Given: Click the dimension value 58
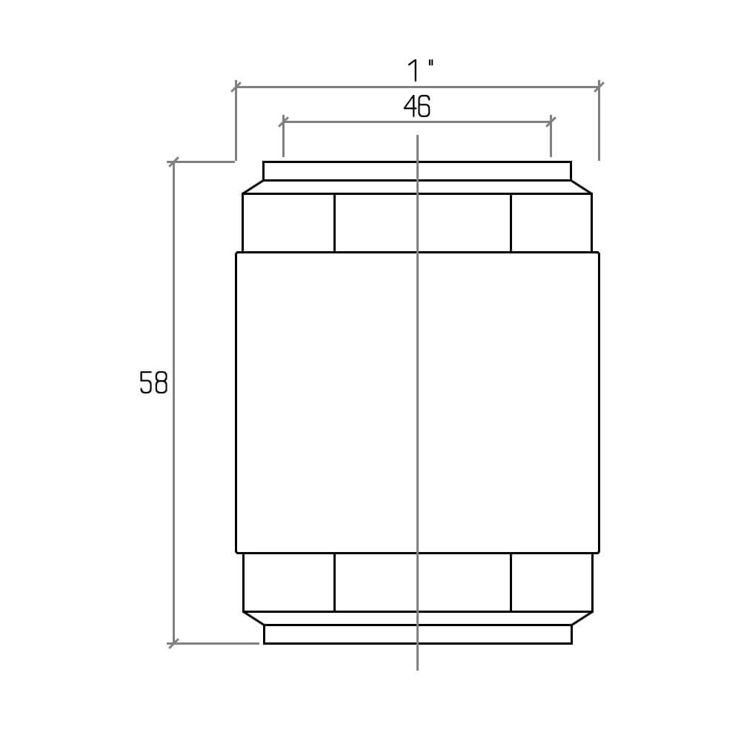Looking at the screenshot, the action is (x=153, y=383).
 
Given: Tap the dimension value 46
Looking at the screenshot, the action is (x=416, y=106).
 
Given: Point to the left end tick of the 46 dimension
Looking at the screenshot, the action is (x=283, y=122).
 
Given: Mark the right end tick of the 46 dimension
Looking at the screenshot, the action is (x=551, y=122).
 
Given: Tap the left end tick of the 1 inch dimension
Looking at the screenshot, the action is (x=236, y=87).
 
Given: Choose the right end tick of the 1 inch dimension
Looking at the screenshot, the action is (x=599, y=87).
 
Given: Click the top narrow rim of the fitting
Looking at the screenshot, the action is (x=416, y=171).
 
